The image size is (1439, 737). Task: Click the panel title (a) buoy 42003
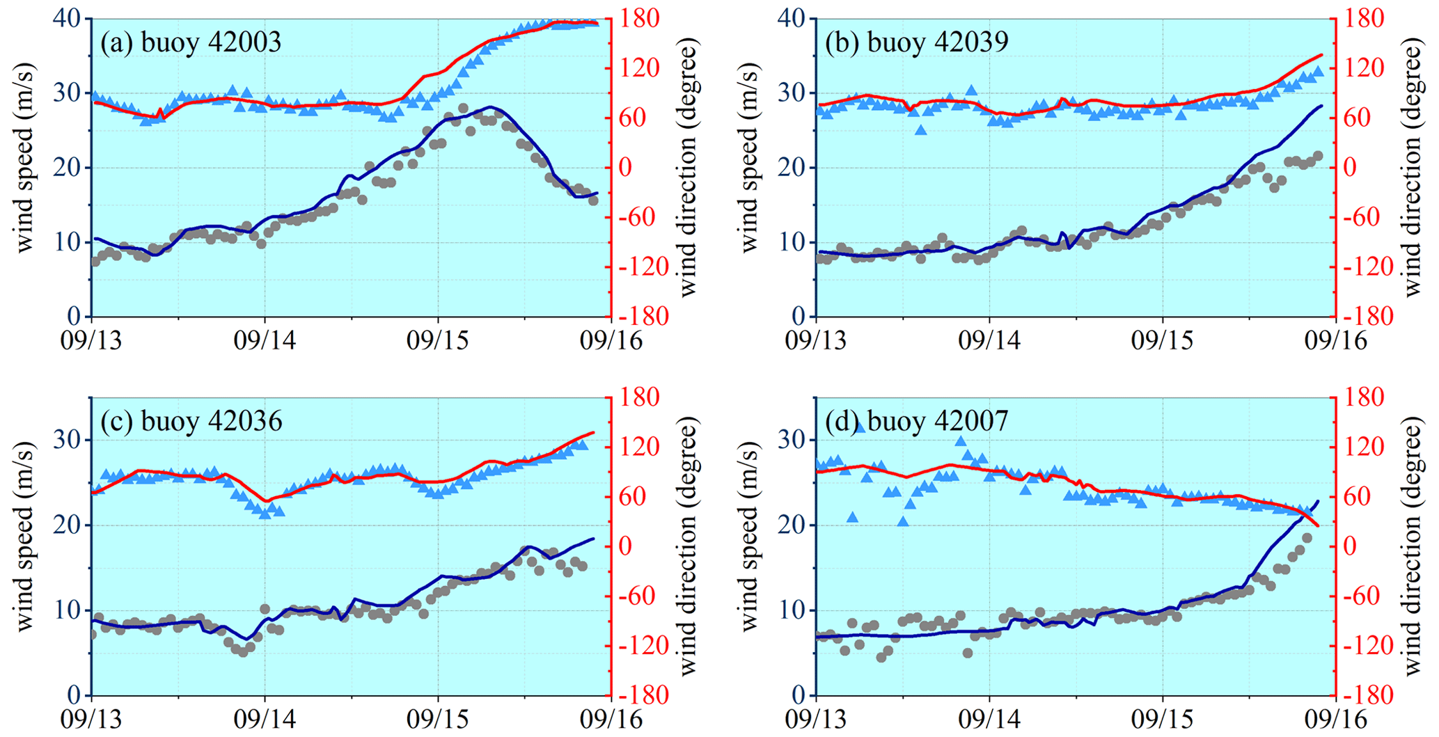tap(191, 42)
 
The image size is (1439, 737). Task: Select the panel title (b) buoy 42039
tap(916, 42)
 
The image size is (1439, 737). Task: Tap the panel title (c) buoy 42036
tap(191, 421)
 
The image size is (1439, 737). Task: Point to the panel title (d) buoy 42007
tap(916, 421)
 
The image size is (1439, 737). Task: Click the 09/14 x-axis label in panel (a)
tap(265, 340)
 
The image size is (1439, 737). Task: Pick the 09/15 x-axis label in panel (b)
tap(1162, 340)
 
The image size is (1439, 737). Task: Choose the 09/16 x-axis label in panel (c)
tap(611, 719)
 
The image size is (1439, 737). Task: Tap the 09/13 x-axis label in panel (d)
tap(815, 719)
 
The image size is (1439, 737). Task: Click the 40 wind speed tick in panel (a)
tap(68, 19)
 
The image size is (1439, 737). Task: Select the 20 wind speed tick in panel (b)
tap(792, 168)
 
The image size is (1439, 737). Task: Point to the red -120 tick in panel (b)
tap(1365, 267)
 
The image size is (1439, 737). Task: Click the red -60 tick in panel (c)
tap(639, 596)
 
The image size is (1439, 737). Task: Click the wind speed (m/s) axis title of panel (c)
tap(25, 536)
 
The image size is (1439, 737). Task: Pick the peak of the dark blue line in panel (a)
tap(491, 107)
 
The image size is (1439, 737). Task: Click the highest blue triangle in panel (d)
tap(860, 427)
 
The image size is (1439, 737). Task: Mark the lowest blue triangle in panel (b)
tap(921, 130)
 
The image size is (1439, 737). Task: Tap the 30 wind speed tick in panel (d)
tap(792, 440)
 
